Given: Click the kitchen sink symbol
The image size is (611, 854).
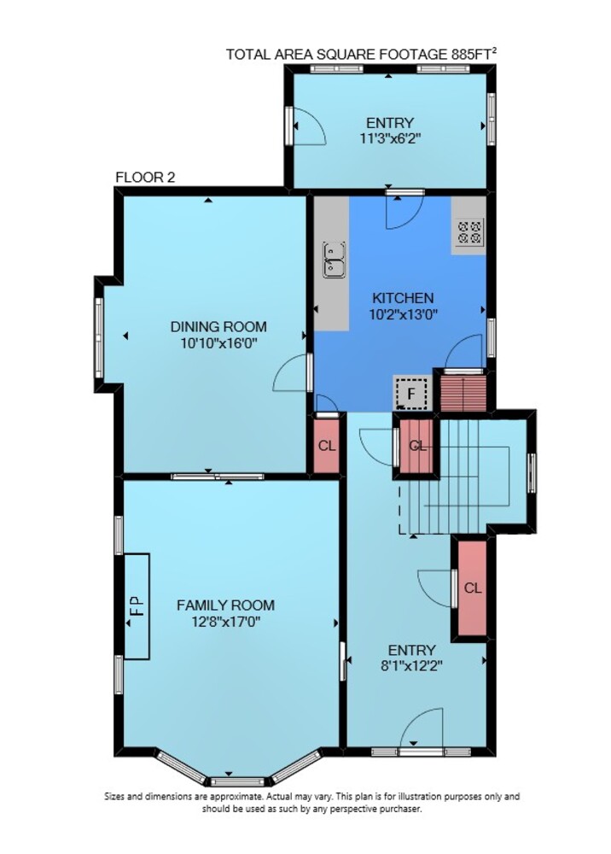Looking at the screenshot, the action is [x=334, y=260].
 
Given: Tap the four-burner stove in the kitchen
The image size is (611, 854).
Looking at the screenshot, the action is [x=469, y=231].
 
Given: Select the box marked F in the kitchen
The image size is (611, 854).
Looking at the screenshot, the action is [x=411, y=392].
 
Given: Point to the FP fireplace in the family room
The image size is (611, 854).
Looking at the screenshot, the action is [x=137, y=606].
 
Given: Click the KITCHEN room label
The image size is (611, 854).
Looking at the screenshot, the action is [x=403, y=298].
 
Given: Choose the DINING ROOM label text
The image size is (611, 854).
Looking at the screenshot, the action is [x=218, y=327].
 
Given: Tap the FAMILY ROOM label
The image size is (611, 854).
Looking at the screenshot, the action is [x=226, y=605].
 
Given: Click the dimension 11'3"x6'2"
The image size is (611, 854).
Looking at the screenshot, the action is [x=390, y=137].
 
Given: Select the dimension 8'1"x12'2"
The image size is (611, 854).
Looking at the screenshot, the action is [x=411, y=665].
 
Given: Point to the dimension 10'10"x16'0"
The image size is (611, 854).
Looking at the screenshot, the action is [x=218, y=343].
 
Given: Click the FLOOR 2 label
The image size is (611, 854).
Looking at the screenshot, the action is [x=145, y=178].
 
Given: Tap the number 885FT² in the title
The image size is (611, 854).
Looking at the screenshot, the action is [x=474, y=53].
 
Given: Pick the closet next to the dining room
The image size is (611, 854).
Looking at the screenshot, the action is [x=327, y=445].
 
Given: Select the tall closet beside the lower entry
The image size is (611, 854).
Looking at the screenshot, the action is [x=472, y=588].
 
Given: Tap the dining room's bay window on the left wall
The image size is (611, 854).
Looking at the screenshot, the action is [x=98, y=337].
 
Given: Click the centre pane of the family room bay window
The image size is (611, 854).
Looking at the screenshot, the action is [x=237, y=782].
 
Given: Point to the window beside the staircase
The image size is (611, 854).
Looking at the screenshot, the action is [x=532, y=473].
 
